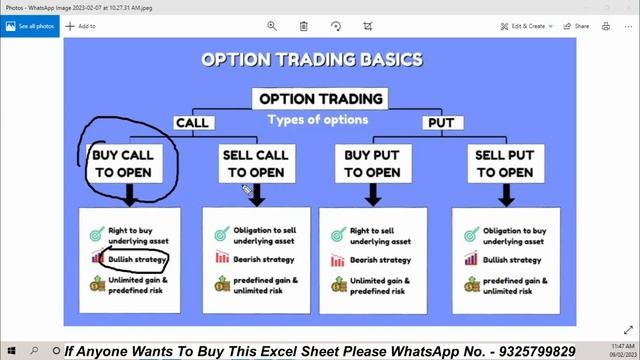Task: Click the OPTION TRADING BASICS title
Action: pos(311,59)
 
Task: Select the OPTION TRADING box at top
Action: pos(320,98)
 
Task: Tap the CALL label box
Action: pos(192,123)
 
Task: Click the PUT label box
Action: pos(440,123)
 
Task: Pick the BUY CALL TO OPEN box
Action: pos(123,163)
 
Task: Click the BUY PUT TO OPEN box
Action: pos(372,163)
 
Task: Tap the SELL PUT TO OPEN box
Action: pos(503,163)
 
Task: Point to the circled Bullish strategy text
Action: pos(137,259)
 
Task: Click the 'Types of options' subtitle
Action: pos(317,119)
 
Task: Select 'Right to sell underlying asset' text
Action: pos(380,236)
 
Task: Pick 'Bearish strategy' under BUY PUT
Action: pos(380,260)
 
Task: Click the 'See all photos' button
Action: pos(38,26)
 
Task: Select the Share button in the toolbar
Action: pos(577,26)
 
